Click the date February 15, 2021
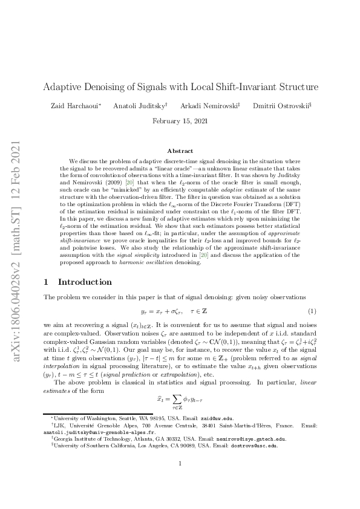(x=180, y=120)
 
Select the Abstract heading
(x=180, y=151)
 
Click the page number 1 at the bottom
(x=180, y=481)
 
